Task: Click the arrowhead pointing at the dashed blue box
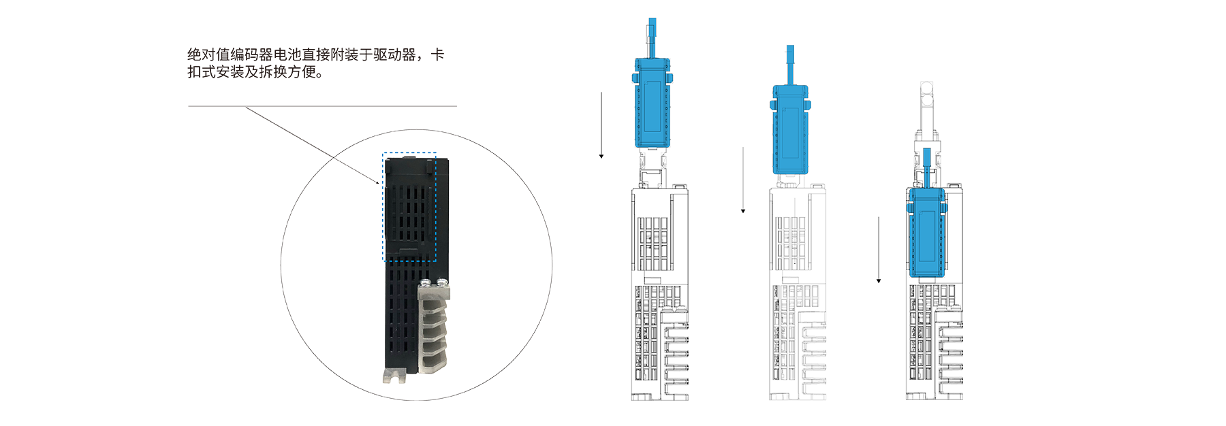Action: click(379, 182)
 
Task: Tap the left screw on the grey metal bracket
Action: click(426, 282)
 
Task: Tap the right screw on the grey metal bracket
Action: click(443, 281)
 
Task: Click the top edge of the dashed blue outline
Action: click(409, 153)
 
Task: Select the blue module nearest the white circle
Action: click(652, 102)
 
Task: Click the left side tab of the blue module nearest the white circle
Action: click(635, 79)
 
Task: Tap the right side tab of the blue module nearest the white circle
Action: click(670, 79)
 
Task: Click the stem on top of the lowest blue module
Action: click(926, 167)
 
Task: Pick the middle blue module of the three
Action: click(790, 129)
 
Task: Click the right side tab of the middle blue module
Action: click(808, 105)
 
